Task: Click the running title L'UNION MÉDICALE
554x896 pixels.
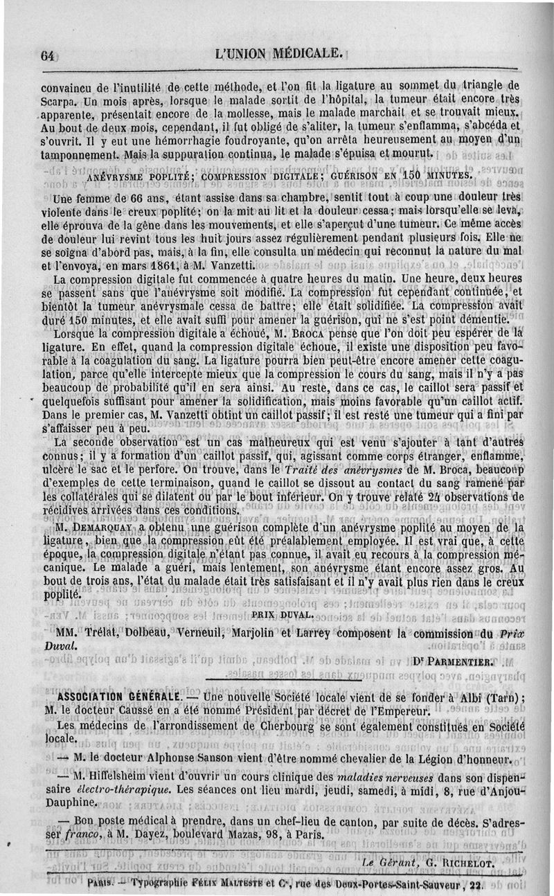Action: (x=280, y=53)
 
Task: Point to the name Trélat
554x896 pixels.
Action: (x=99, y=632)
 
